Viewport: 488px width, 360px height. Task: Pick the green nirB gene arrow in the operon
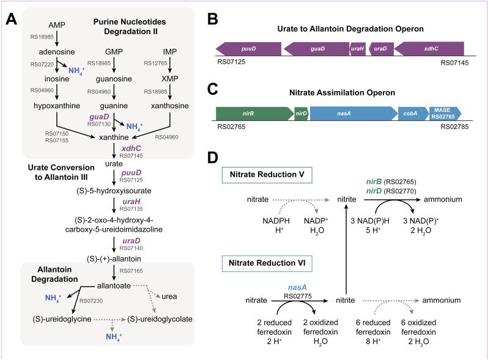(254, 112)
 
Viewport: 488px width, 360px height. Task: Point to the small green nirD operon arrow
(301, 112)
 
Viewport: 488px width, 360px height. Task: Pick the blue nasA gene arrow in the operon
(352, 112)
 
